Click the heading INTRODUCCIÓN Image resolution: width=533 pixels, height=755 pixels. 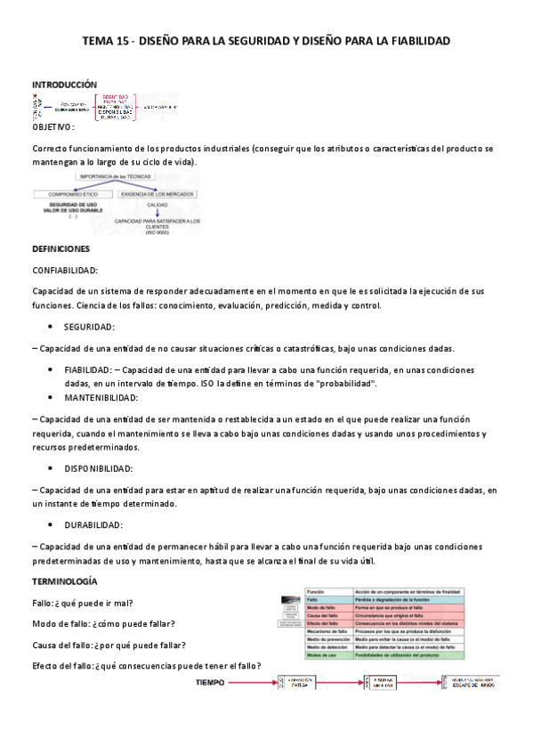[64, 83]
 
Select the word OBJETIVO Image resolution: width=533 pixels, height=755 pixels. [51, 128]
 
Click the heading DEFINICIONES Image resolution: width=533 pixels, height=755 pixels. [61, 250]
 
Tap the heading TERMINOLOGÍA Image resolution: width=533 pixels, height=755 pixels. [65, 581]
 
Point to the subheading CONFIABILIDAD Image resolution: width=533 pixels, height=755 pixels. [65, 270]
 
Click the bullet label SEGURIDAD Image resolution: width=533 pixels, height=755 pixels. [89, 327]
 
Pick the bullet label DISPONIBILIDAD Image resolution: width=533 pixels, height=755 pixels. [98, 468]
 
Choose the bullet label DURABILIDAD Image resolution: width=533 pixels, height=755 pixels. [93, 525]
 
